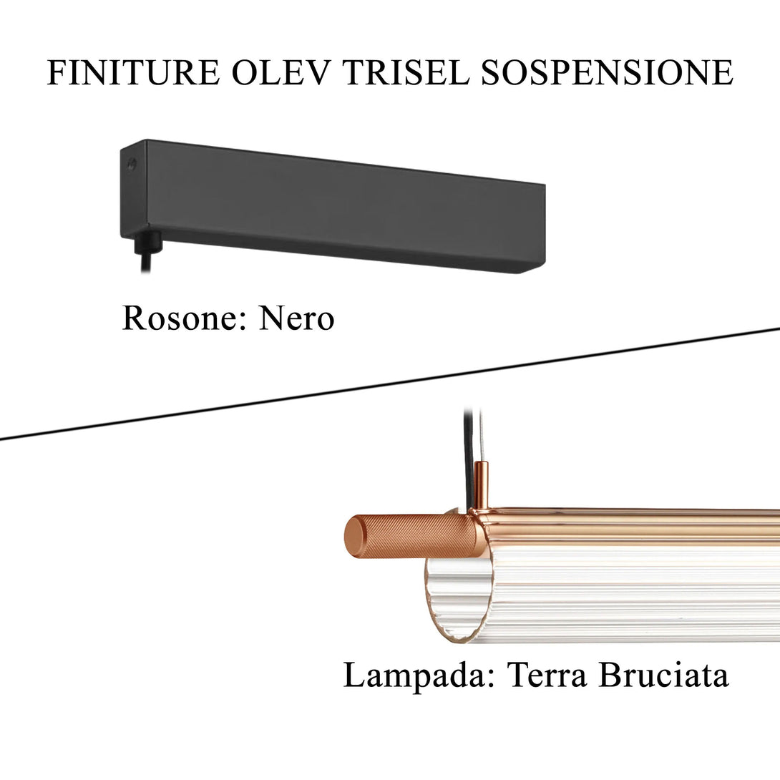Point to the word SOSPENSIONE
607,73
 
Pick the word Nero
296,318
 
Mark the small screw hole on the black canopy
131,164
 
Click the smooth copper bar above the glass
630,526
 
